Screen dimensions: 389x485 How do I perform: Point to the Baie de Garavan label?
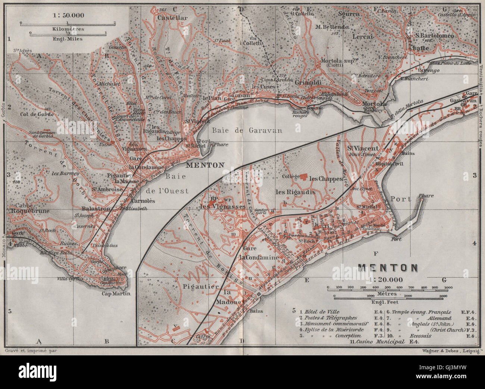[247, 130]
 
